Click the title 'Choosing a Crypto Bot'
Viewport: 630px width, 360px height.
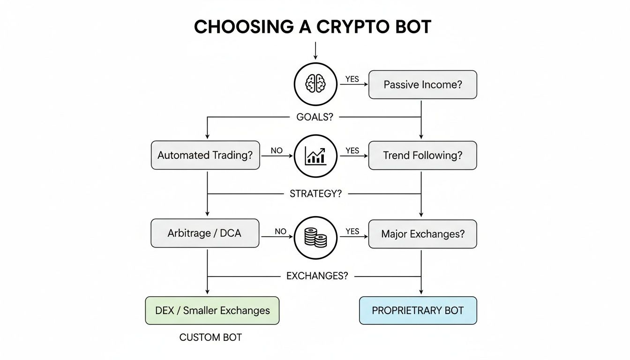pyautogui.click(x=313, y=27)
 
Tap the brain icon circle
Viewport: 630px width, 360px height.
pyautogui.click(x=315, y=84)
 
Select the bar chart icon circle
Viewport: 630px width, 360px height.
pyautogui.click(x=315, y=156)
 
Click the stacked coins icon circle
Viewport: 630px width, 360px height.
pyautogui.click(x=315, y=238)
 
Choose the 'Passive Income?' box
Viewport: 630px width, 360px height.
pyautogui.click(x=422, y=85)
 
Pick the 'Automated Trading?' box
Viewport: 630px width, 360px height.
pyautogui.click(x=205, y=156)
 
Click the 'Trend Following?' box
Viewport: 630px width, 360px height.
pyautogui.click(x=422, y=156)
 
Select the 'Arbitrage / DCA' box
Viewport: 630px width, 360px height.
pyautogui.click(x=205, y=233)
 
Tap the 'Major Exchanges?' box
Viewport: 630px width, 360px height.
pyautogui.click(x=422, y=233)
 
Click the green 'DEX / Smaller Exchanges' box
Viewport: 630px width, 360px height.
pyautogui.click(x=212, y=310)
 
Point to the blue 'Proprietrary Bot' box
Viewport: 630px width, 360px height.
pyautogui.click(x=418, y=310)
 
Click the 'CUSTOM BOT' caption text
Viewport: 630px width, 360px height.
pyautogui.click(x=210, y=337)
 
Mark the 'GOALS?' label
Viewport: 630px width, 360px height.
pyautogui.click(x=315, y=117)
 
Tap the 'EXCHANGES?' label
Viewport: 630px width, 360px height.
pyautogui.click(x=317, y=276)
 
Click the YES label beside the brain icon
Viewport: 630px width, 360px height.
pyautogui.click(x=352, y=79)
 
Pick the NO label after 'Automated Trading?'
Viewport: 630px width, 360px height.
pyautogui.click(x=277, y=150)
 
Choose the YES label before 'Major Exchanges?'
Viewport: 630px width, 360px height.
pyautogui.click(x=352, y=231)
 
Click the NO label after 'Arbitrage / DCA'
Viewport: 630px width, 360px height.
pyautogui.click(x=280, y=231)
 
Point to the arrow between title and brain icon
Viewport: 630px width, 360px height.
pyautogui.click(x=315, y=51)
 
